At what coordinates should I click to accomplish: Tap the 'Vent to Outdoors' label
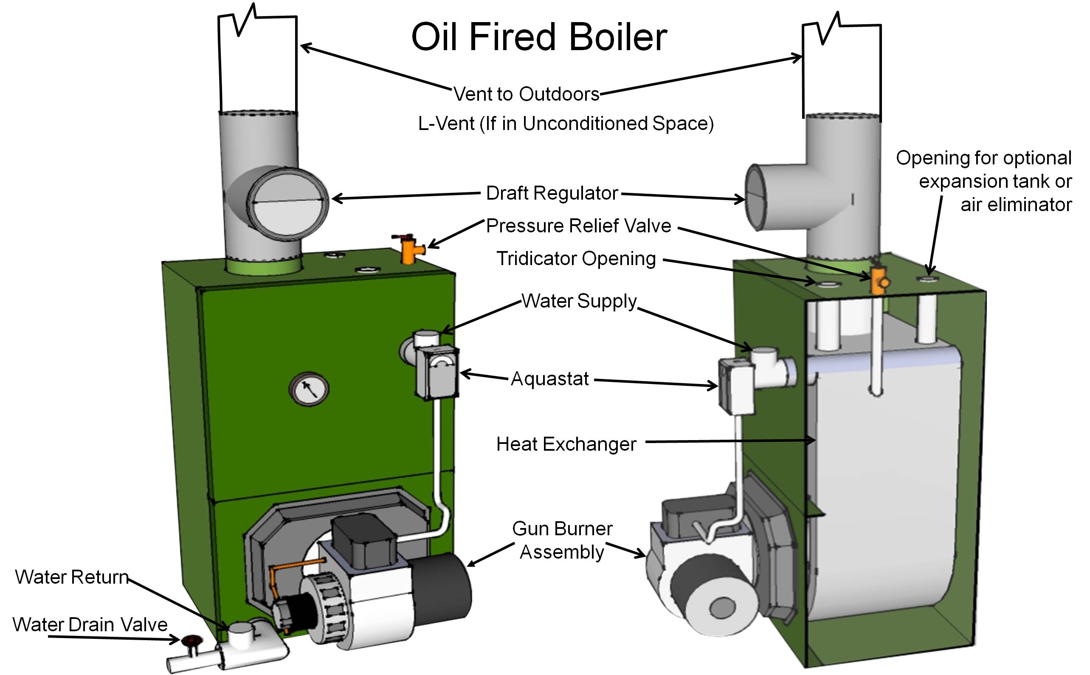527,94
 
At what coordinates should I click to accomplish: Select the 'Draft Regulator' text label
552,193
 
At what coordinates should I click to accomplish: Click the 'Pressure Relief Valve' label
578,226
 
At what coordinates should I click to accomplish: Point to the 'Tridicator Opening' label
576,259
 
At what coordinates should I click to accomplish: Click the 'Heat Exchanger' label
566,444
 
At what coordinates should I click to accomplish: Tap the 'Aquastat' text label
550,379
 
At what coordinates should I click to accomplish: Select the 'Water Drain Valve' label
90,624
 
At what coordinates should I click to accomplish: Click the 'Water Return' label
72,577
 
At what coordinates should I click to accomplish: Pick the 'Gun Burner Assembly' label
562,540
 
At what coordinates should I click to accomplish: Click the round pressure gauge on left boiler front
309,388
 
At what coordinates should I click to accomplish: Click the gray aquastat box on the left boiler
437,372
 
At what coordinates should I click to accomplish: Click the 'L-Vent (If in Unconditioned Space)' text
566,124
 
